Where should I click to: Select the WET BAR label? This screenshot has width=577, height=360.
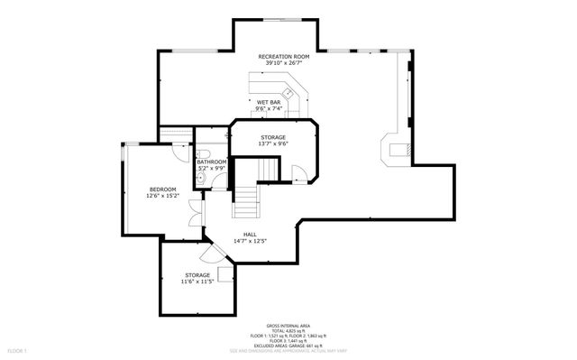(270, 102)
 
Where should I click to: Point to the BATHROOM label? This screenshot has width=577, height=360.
(212, 162)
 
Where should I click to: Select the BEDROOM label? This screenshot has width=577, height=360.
(162, 189)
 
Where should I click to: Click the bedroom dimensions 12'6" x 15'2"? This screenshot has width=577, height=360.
(162, 195)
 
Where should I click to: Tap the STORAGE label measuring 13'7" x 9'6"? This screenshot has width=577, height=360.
(273, 137)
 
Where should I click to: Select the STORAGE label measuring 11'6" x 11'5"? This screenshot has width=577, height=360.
(197, 274)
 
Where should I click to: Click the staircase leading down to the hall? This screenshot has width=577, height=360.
(246, 200)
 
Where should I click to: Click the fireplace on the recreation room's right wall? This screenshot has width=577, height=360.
(397, 151)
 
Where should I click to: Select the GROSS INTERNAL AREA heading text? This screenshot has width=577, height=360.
(288, 325)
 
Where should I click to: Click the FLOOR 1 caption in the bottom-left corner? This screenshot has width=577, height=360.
(17, 349)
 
